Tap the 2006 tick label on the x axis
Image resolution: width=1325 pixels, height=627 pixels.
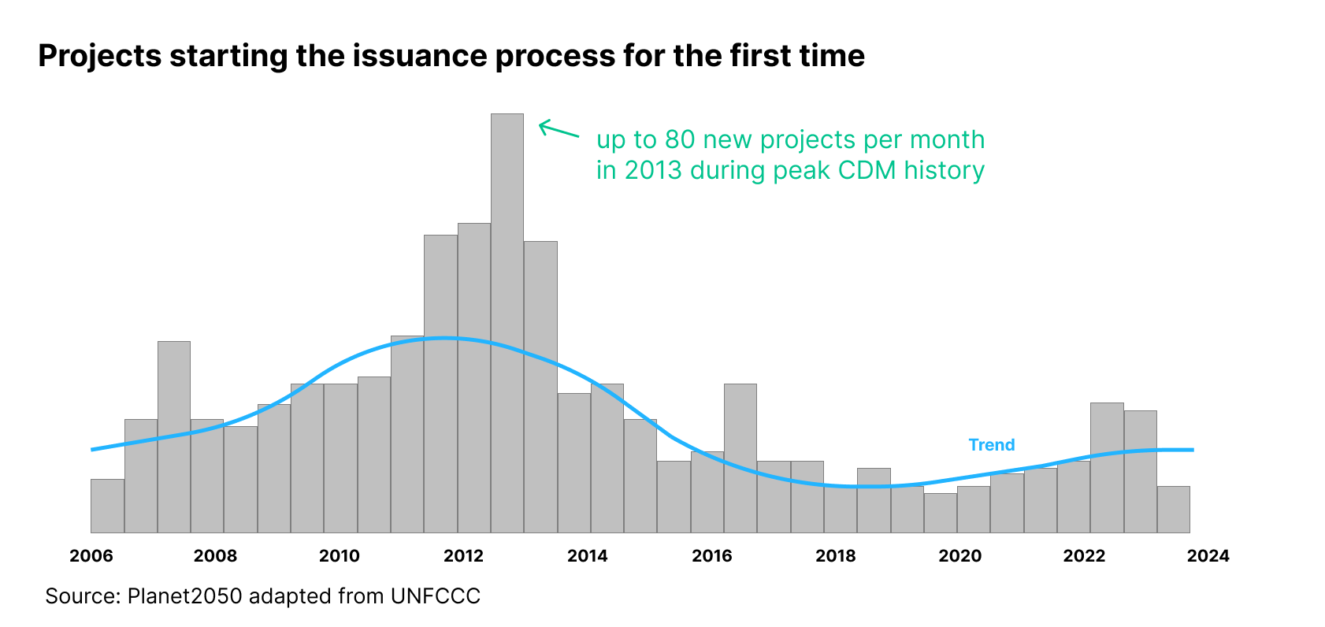pyautogui.click(x=91, y=556)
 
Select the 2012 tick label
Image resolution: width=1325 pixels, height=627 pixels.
pyautogui.click(x=463, y=556)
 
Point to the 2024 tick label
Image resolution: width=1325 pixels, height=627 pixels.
pyautogui.click(x=1208, y=556)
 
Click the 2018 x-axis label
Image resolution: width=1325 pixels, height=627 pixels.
pyautogui.click(x=836, y=556)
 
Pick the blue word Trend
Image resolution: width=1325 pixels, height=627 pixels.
pyautogui.click(x=991, y=445)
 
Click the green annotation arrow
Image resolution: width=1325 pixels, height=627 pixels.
pyautogui.click(x=559, y=129)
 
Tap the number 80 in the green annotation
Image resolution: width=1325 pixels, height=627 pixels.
pyautogui.click(x=680, y=139)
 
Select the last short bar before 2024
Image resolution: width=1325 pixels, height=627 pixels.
pyautogui.click(x=1173, y=510)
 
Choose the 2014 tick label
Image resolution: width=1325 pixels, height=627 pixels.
pyautogui.click(x=588, y=556)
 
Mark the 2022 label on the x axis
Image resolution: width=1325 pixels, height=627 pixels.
pyautogui.click(x=1084, y=556)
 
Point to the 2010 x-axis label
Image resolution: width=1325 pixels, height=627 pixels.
pyautogui.click(x=340, y=556)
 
